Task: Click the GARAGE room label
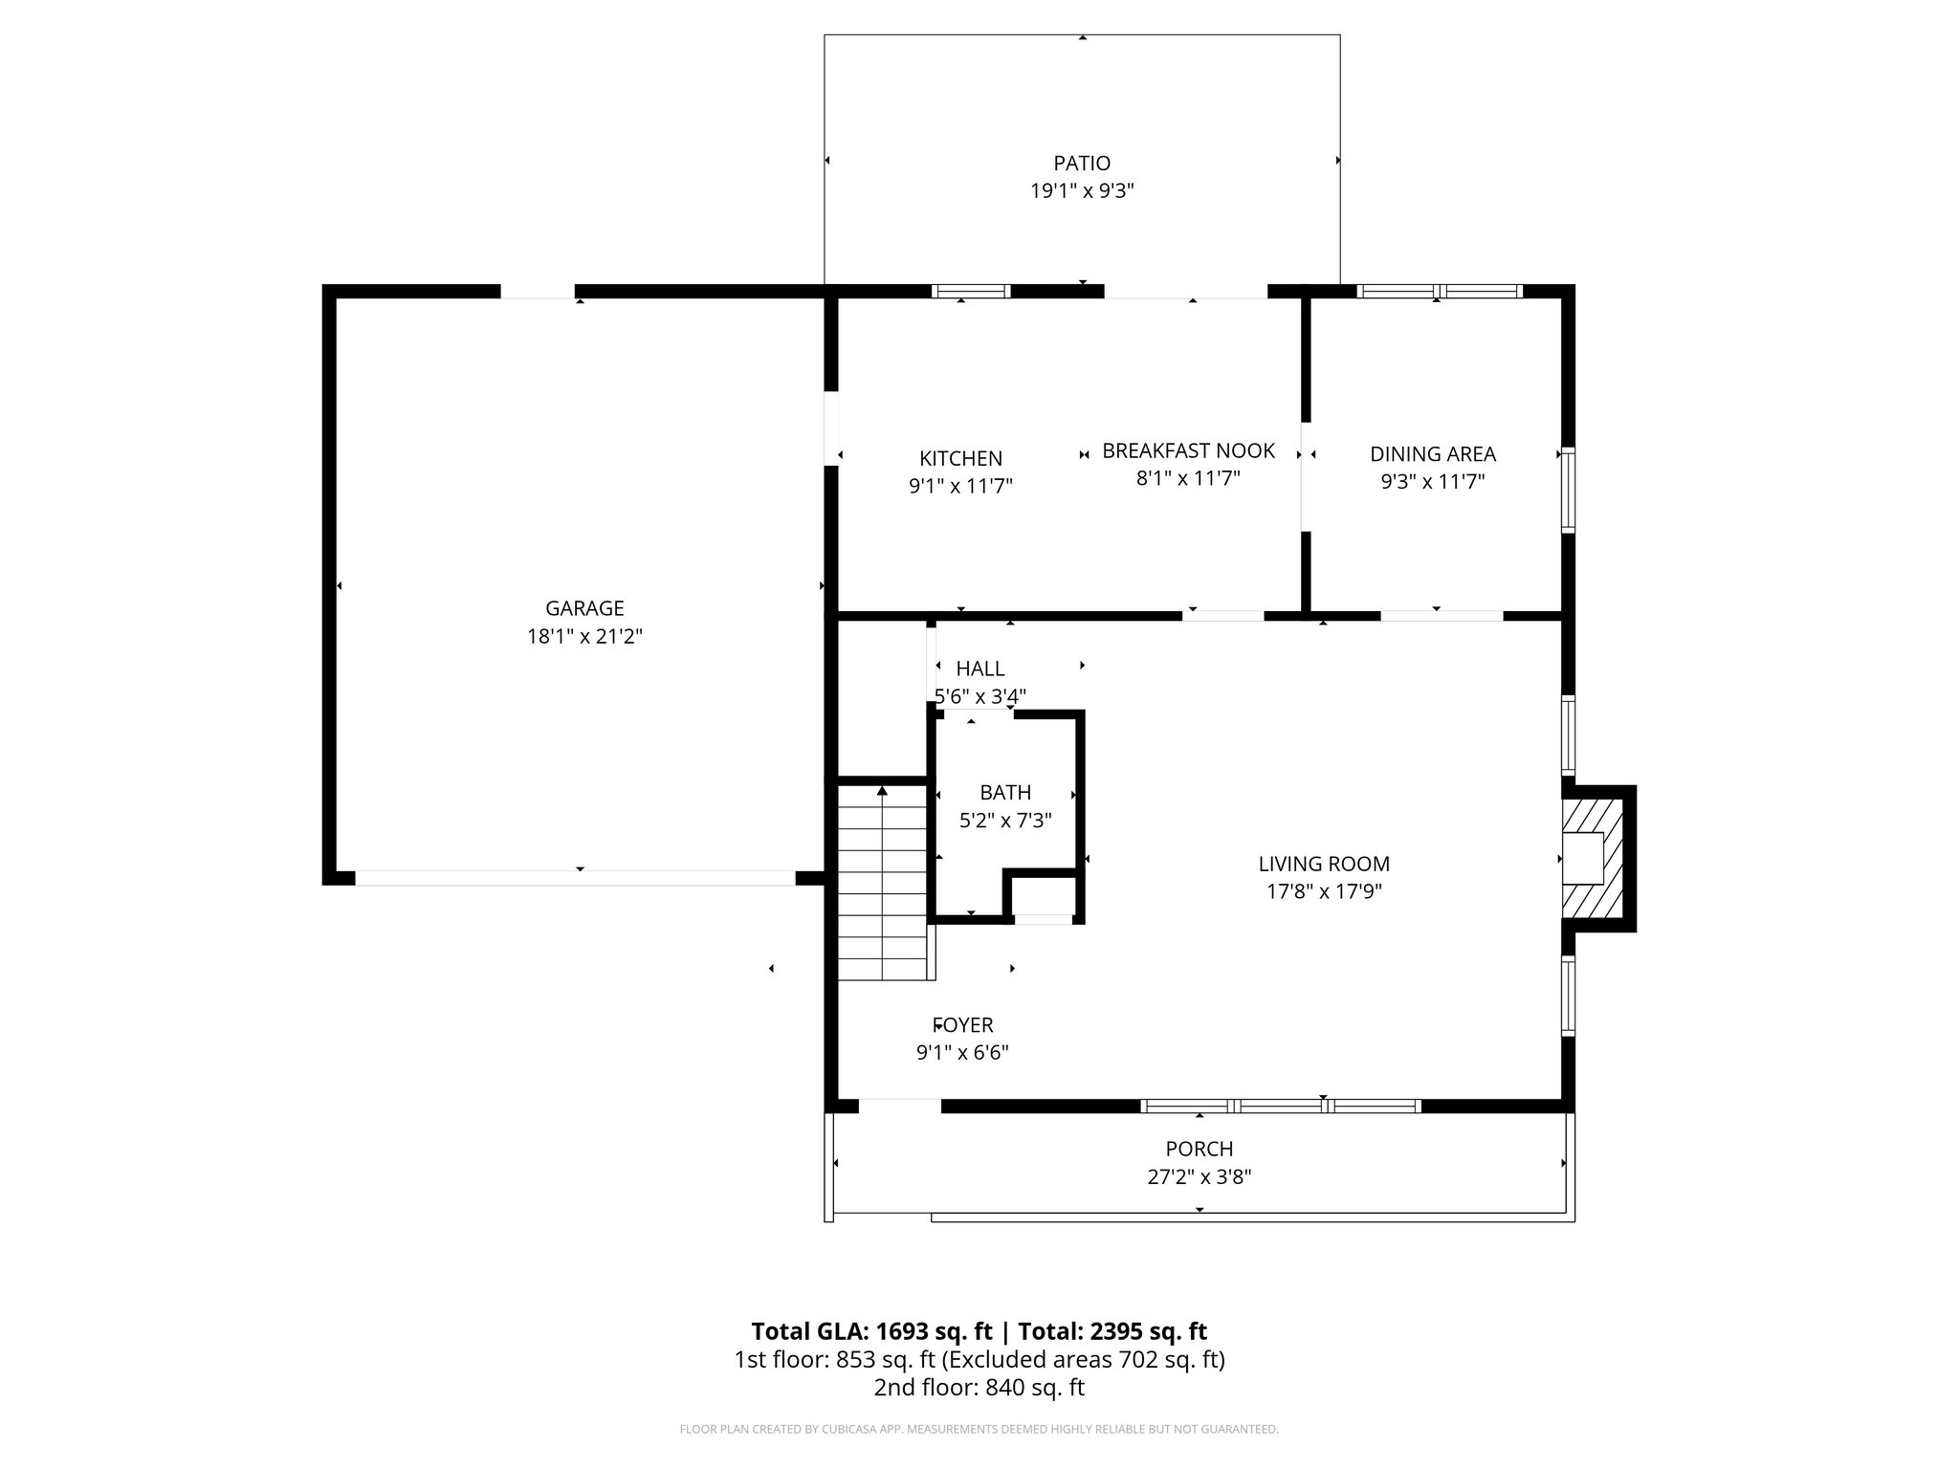click(584, 608)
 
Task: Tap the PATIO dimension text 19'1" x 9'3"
click(1082, 191)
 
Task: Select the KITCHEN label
click(960, 459)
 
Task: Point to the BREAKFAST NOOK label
click(1188, 450)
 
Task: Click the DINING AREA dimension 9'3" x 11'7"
click(1432, 482)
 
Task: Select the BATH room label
click(1005, 792)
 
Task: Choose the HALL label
click(980, 669)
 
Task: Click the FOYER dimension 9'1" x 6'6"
click(962, 1053)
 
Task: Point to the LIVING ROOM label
click(1324, 864)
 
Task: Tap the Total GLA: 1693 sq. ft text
click(874, 1331)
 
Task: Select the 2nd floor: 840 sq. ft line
click(979, 1388)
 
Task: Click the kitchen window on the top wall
click(971, 292)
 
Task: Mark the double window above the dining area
click(1440, 292)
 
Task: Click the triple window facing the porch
click(1280, 1107)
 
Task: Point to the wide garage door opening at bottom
click(575, 878)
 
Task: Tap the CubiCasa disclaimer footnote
click(979, 1430)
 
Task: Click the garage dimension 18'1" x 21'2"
click(584, 637)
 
